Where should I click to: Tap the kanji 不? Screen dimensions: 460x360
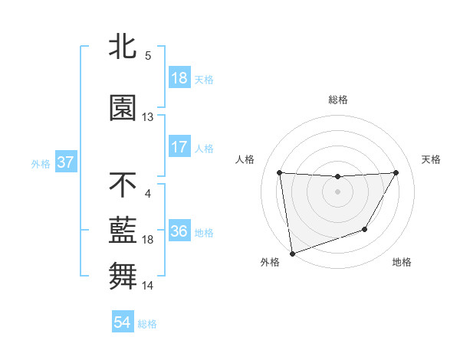click(x=123, y=185)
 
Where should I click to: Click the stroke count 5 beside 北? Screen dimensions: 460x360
click(x=148, y=56)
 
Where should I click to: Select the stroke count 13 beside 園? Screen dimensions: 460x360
click(x=148, y=117)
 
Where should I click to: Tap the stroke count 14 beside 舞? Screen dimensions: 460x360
click(x=148, y=286)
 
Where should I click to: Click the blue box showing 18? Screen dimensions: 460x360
click(x=179, y=78)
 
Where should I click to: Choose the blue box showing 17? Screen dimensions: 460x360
click(x=179, y=147)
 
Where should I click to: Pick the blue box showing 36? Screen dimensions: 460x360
click(x=179, y=232)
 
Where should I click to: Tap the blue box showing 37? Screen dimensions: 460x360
click(x=65, y=163)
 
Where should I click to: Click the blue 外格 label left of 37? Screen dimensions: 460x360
click(x=41, y=164)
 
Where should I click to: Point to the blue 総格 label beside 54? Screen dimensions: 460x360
click(x=147, y=324)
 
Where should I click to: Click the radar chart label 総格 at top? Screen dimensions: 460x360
click(x=337, y=100)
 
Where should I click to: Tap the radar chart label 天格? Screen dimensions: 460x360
click(x=432, y=159)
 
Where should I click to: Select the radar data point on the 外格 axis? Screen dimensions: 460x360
click(x=292, y=253)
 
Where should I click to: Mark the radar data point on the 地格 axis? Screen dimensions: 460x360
click(x=365, y=229)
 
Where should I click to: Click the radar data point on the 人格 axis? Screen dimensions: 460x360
click(x=279, y=172)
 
